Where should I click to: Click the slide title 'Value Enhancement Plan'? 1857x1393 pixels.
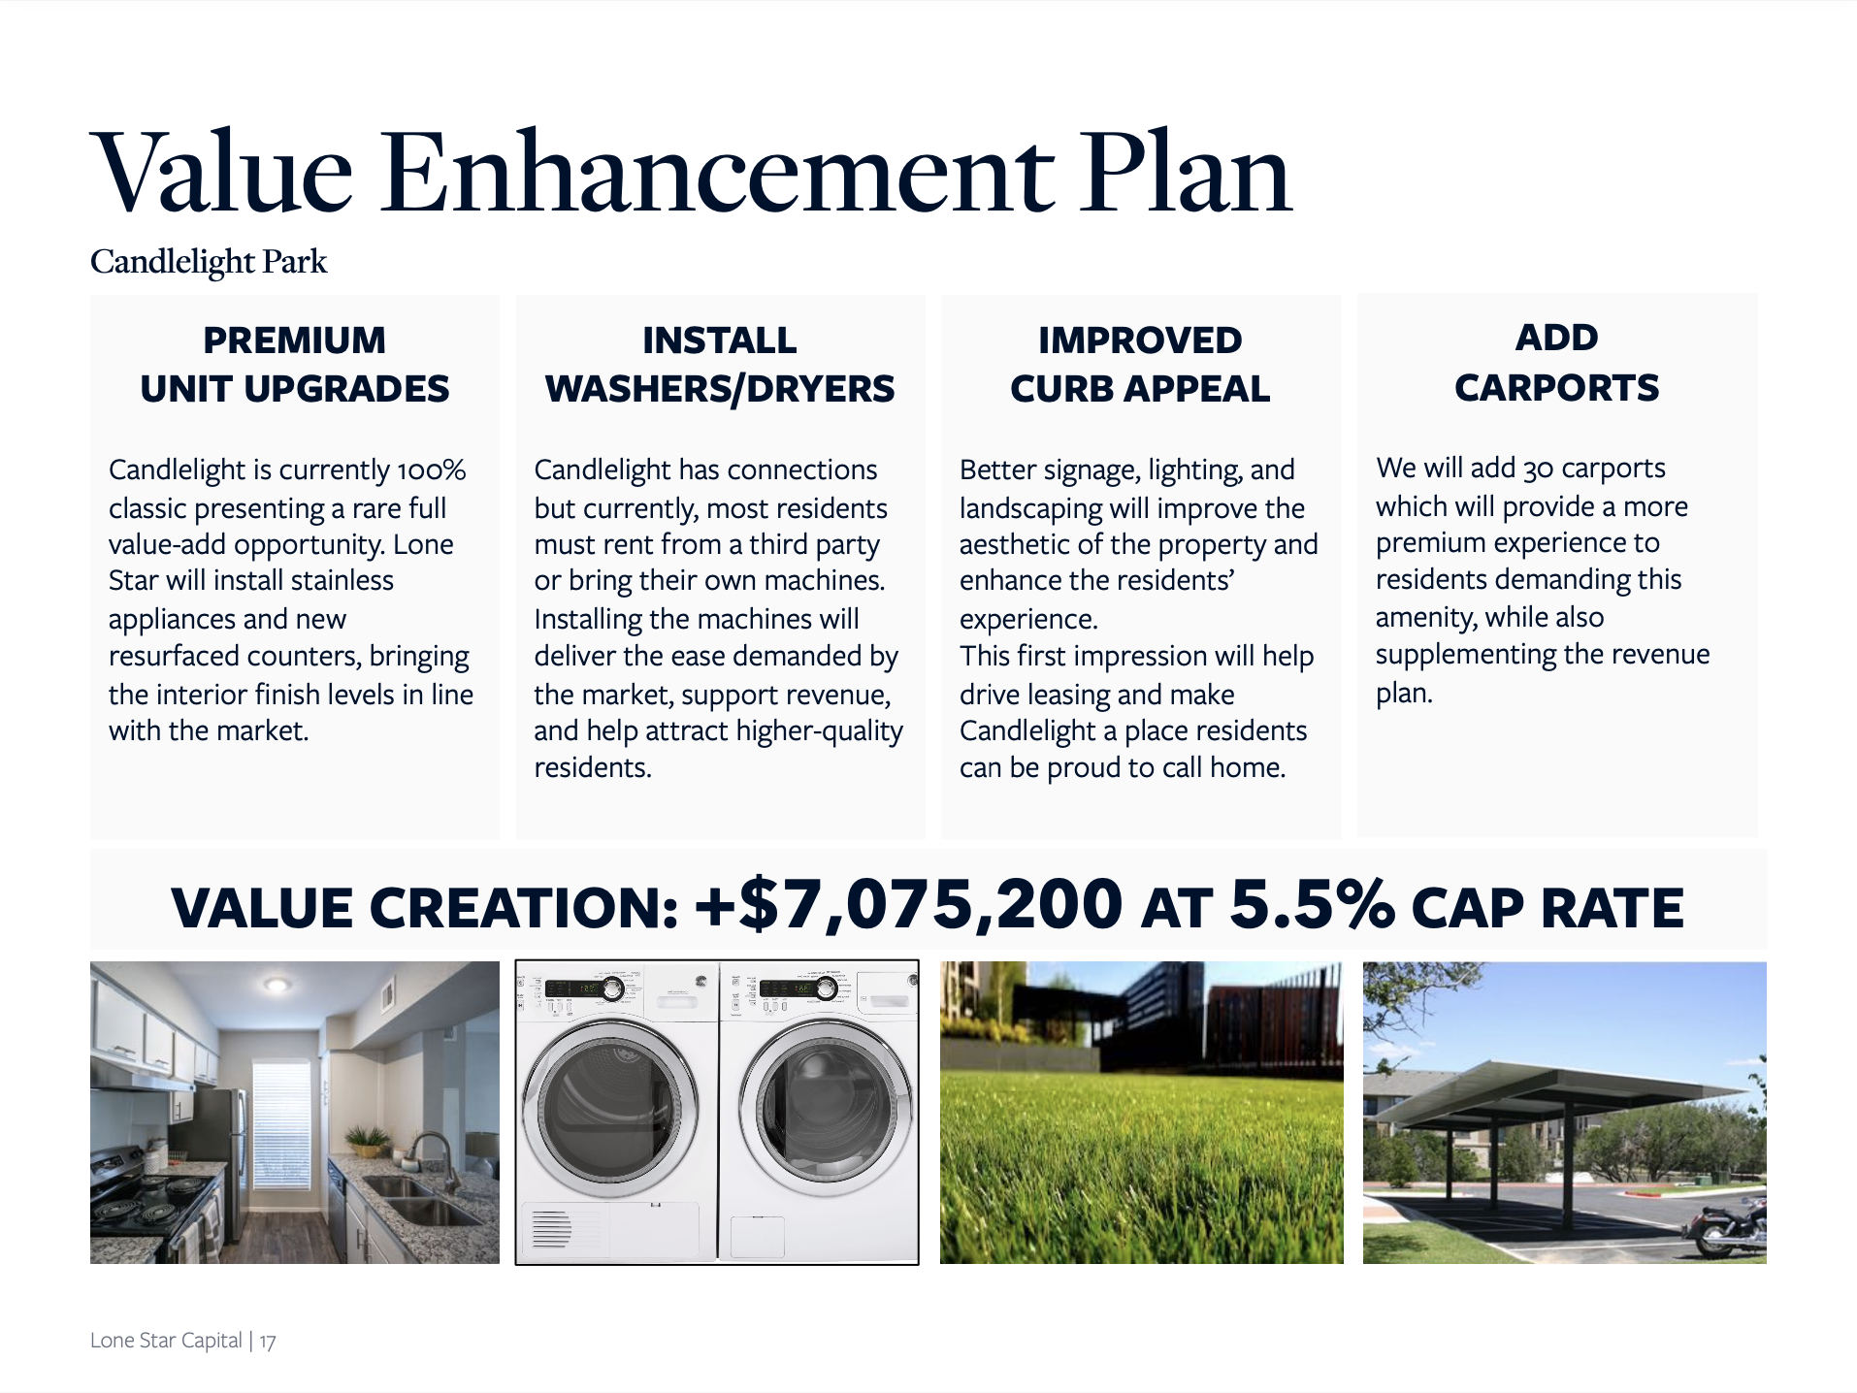(x=691, y=172)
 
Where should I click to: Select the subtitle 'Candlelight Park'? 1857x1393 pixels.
(x=209, y=262)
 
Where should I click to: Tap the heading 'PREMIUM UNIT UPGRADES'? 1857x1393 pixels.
(x=295, y=365)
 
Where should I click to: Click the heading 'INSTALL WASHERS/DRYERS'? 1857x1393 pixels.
(x=720, y=365)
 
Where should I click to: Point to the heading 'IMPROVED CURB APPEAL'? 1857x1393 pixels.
(x=1140, y=365)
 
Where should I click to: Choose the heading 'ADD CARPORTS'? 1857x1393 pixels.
(x=1557, y=363)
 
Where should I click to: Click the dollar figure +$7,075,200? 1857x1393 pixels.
(x=909, y=905)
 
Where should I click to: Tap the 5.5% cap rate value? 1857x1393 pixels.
(x=1312, y=905)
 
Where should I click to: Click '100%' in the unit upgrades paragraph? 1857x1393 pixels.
(x=431, y=470)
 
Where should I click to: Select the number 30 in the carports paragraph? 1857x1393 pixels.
(x=1538, y=469)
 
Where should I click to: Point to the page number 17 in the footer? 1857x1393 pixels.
(x=268, y=1342)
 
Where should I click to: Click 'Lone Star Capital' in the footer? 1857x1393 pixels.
(x=166, y=1341)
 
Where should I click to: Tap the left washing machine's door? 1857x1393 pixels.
(x=610, y=1108)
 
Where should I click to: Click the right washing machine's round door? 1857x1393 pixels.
(x=826, y=1106)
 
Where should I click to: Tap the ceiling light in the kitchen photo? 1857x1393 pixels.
(x=277, y=986)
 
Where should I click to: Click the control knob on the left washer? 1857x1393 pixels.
(x=613, y=989)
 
